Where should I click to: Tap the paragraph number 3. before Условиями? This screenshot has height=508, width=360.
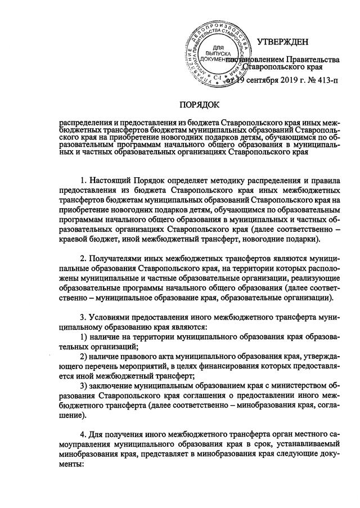(83, 318)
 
